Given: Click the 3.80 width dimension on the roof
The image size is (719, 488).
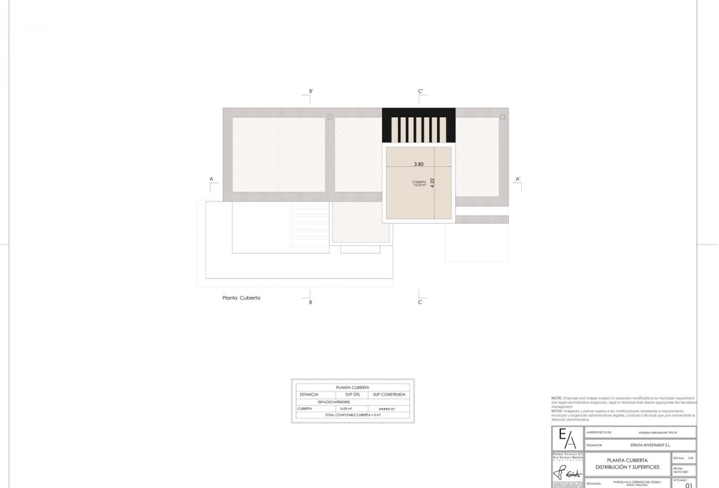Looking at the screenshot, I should click(x=418, y=164).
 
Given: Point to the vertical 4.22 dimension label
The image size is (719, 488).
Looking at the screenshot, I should click(x=432, y=183).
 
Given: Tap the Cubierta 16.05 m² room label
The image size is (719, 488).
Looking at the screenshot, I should click(x=419, y=183).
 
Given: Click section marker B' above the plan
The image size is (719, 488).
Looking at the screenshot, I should click(x=310, y=91).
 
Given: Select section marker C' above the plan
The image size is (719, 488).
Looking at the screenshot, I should click(x=421, y=91).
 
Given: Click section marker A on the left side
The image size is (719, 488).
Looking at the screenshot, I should click(x=210, y=178).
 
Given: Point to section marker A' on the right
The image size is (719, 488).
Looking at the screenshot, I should click(x=518, y=178).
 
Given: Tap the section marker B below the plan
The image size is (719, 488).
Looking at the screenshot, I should click(x=310, y=302).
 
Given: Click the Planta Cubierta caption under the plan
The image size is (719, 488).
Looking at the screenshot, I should click(x=241, y=298).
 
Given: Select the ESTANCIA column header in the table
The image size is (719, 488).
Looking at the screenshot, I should click(x=309, y=394).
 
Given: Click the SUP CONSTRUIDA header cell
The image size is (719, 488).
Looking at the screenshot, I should click(x=389, y=394).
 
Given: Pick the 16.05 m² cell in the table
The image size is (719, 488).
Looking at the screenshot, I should click(x=345, y=408).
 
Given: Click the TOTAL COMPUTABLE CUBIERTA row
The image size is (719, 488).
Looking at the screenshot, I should click(x=352, y=415).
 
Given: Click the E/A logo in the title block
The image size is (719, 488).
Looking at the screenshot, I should click(x=567, y=439).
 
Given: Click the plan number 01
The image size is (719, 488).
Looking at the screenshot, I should click(x=688, y=485).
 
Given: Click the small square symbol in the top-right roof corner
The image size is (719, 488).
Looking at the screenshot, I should click(x=502, y=117).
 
